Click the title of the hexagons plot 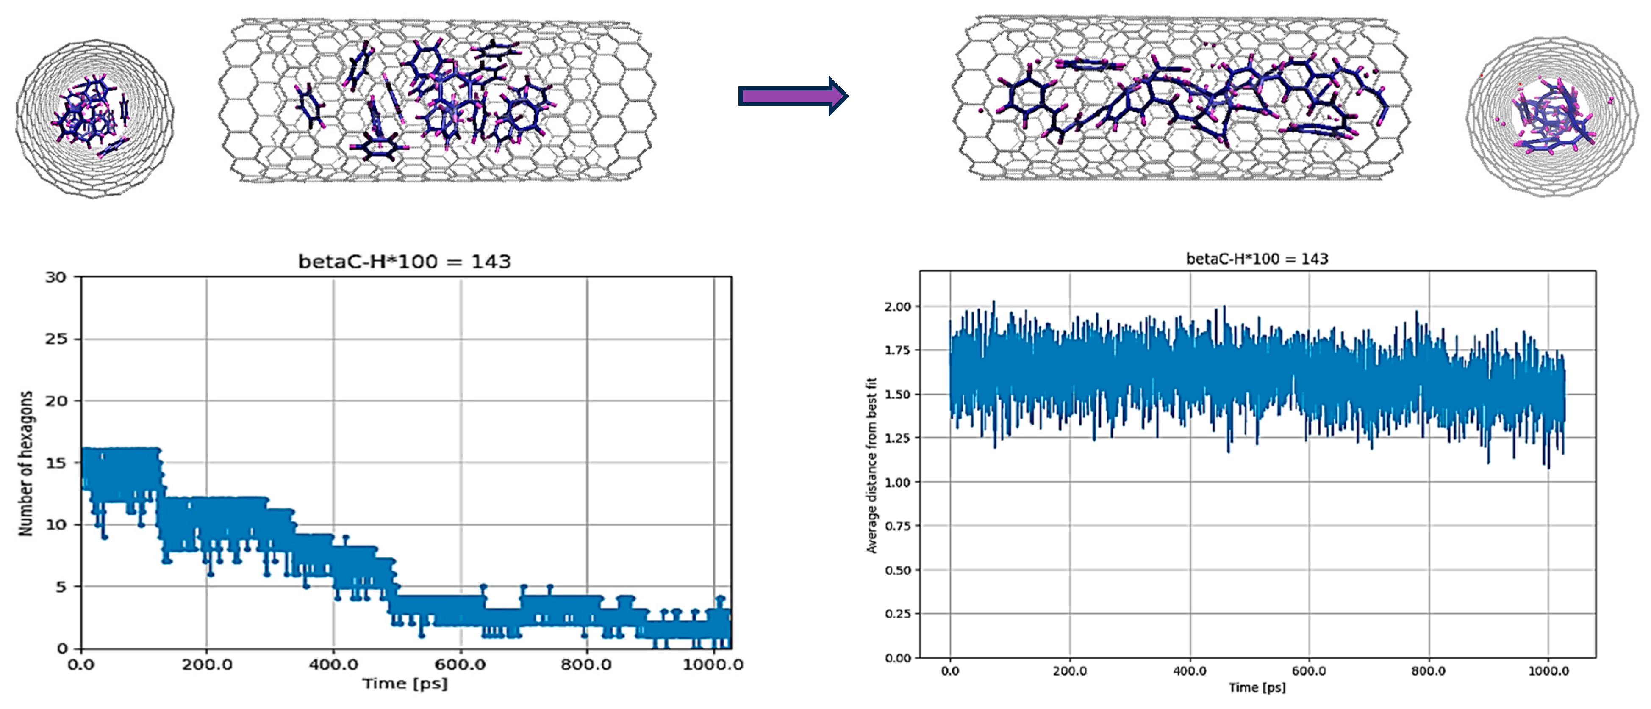[x=405, y=261]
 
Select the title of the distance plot [x=1257, y=259]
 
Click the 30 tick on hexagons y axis [x=56, y=277]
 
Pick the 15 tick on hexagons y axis [x=56, y=462]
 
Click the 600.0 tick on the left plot [x=460, y=664]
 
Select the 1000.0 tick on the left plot [x=713, y=664]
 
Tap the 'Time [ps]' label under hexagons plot [x=405, y=683]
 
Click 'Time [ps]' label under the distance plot [x=1257, y=688]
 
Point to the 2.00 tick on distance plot [x=897, y=307]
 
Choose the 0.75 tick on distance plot [x=897, y=526]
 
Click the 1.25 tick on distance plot [x=897, y=438]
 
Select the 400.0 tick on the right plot [x=1190, y=671]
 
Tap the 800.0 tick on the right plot [x=1428, y=671]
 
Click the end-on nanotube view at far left [x=94, y=119]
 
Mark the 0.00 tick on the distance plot [x=897, y=658]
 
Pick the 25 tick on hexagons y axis [x=56, y=339]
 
